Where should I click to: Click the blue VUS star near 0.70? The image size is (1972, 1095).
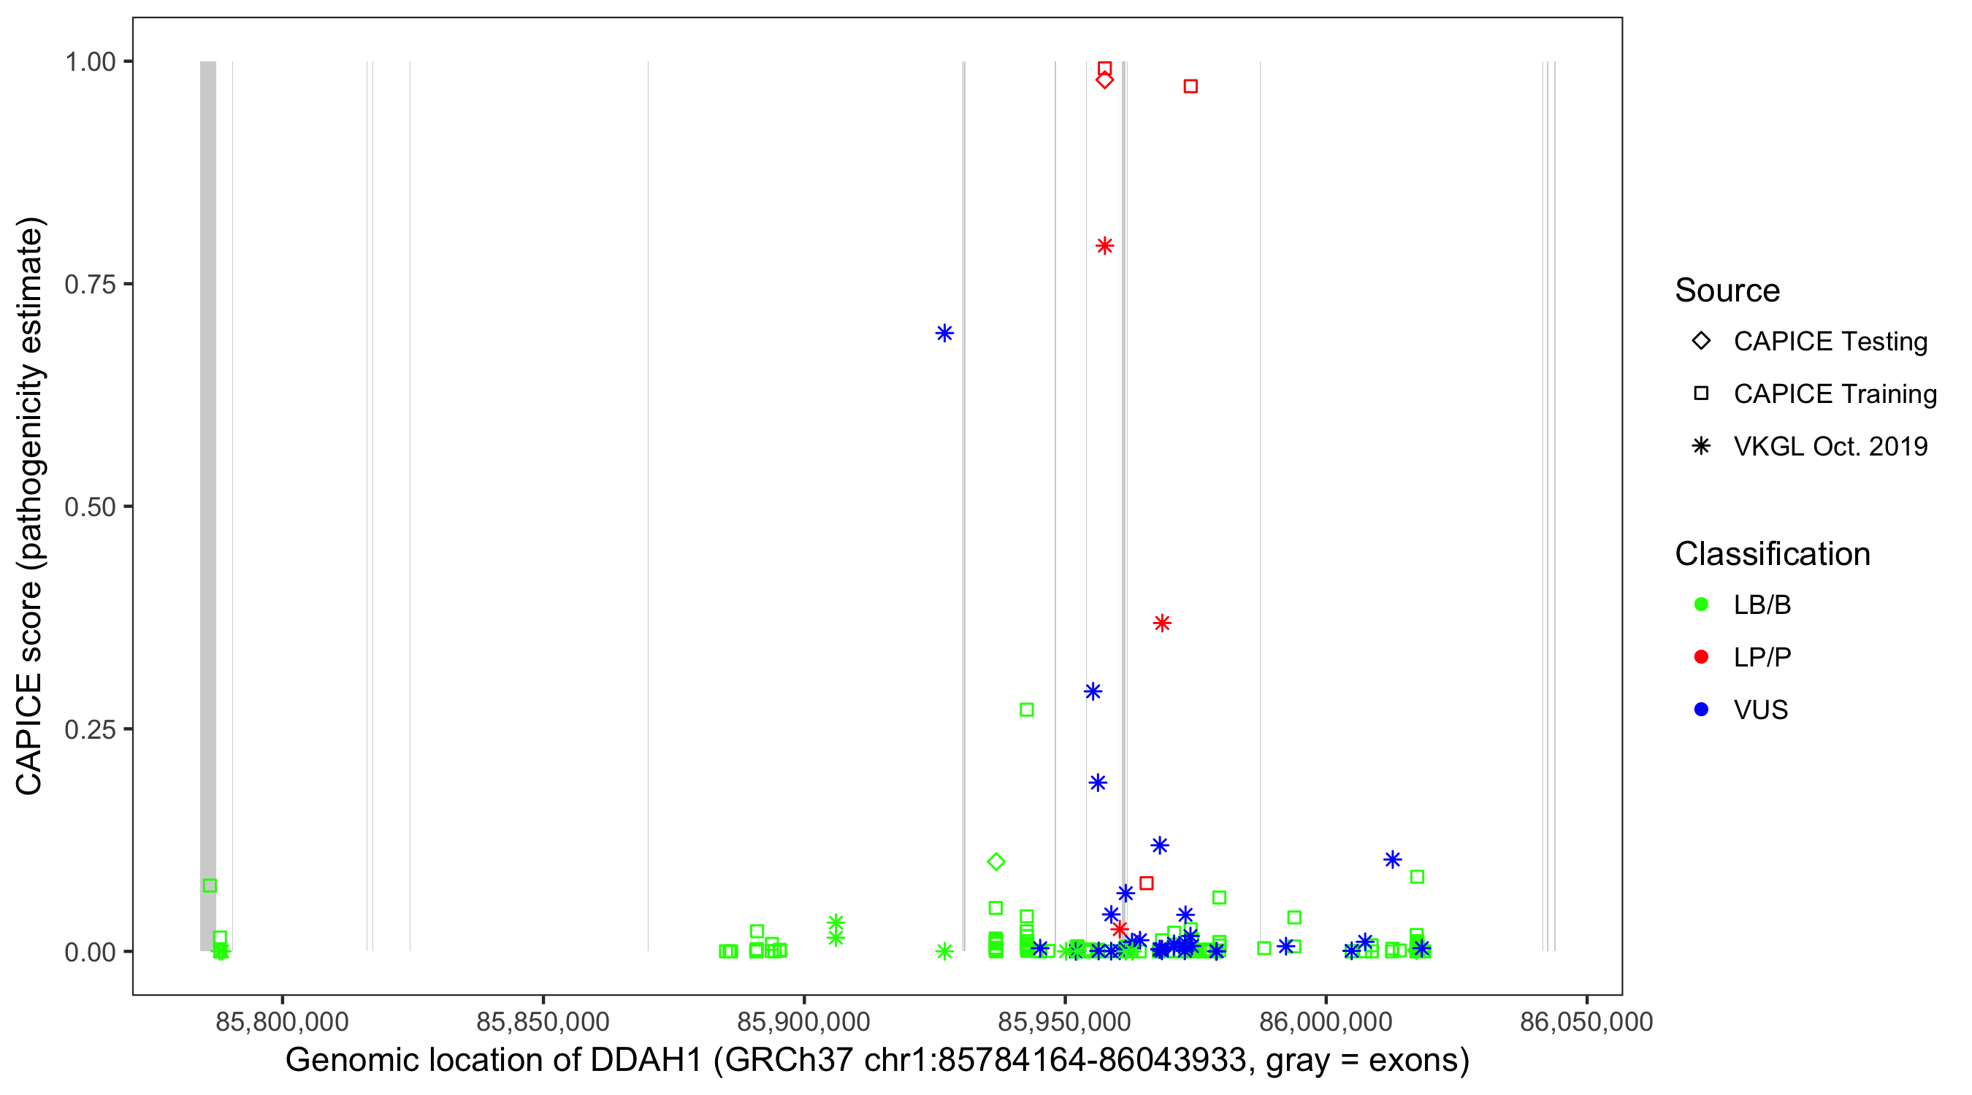pos(944,333)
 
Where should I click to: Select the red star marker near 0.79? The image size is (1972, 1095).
pos(1104,245)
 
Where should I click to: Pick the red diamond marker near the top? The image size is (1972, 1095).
pos(1104,80)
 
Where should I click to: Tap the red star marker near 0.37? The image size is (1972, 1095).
pos(1162,623)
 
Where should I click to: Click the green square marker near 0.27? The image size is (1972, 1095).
pos(1027,710)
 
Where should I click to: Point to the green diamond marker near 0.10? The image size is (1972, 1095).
pos(995,861)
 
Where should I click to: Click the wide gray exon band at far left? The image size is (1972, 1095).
pos(207,505)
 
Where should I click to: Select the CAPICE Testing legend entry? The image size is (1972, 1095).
pos(1830,342)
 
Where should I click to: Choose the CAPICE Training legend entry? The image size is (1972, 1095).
pos(1834,394)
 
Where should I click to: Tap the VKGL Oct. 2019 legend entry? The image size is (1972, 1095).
pos(1830,447)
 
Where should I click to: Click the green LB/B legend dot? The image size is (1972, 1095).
pos(1701,604)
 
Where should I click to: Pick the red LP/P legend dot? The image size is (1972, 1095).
pos(1701,657)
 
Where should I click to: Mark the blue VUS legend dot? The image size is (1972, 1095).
pos(1701,710)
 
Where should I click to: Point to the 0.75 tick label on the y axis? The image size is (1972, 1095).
pos(89,285)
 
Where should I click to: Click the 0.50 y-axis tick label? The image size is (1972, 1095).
pos(89,507)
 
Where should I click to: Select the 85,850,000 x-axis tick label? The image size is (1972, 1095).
pos(543,1021)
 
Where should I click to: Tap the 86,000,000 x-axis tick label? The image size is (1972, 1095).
pos(1325,1021)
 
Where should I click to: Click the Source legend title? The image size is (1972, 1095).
pos(1727,291)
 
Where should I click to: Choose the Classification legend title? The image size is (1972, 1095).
pos(1772,554)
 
